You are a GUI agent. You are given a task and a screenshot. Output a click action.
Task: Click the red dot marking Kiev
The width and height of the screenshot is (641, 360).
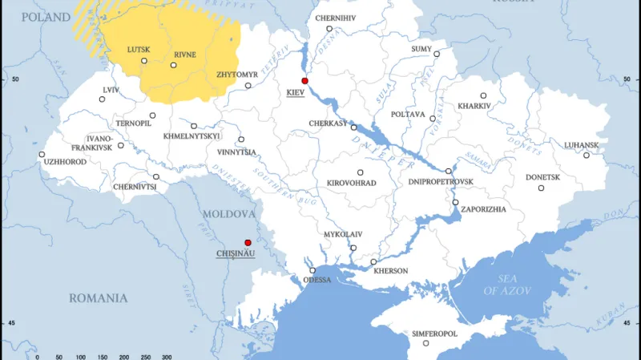click(304, 81)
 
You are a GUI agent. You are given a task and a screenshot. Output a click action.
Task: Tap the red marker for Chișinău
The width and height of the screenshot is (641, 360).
click(248, 242)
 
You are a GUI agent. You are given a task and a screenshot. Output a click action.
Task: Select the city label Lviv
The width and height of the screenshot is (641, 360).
click(111, 90)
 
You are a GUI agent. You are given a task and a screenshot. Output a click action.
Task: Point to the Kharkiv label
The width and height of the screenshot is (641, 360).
click(472, 106)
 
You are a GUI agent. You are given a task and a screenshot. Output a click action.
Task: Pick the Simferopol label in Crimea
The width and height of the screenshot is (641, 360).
click(433, 333)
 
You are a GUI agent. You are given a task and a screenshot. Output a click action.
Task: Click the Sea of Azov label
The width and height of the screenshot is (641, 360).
click(502, 283)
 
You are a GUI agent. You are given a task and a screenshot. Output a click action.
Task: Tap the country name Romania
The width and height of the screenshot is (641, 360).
click(98, 298)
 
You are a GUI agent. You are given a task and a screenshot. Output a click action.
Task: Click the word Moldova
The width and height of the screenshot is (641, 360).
click(228, 215)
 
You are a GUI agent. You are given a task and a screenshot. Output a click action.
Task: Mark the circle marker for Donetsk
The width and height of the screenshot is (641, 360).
click(541, 188)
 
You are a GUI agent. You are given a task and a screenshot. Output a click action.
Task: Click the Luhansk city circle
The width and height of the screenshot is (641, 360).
click(586, 155)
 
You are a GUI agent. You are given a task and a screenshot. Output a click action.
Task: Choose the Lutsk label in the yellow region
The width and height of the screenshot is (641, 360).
click(139, 50)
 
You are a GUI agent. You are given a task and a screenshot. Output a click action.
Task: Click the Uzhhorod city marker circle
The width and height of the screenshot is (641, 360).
click(42, 154)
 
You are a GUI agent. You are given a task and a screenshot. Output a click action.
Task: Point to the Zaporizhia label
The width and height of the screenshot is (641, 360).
click(484, 209)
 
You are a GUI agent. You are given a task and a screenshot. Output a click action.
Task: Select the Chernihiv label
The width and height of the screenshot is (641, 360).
click(335, 17)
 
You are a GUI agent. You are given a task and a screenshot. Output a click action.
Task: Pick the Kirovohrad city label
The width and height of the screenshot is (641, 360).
click(351, 183)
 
